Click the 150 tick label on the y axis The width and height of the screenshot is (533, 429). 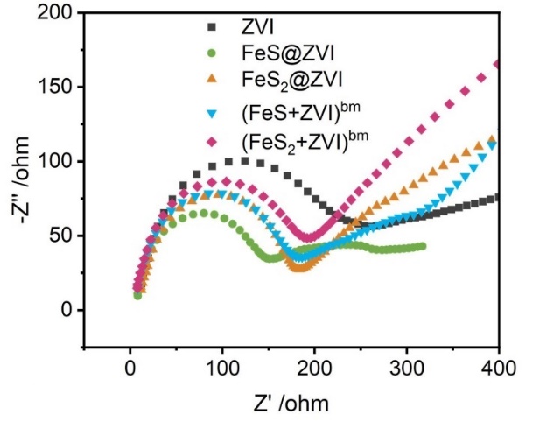(57, 88)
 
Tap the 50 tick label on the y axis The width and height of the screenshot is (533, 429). (62, 236)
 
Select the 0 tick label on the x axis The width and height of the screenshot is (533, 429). (130, 370)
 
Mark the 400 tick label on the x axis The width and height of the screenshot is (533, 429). (499, 370)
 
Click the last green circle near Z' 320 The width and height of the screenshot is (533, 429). (423, 246)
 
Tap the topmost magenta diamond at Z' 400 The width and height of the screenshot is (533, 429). (498, 64)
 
